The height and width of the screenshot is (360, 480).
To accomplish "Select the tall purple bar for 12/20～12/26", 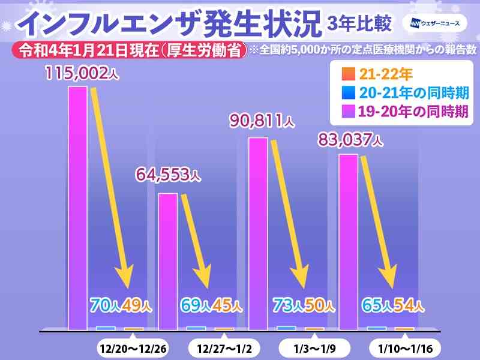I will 77,208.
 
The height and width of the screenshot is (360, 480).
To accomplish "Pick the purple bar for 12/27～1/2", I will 167,261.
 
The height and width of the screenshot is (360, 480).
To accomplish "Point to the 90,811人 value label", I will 262,122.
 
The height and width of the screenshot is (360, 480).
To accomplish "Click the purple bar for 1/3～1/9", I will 258,233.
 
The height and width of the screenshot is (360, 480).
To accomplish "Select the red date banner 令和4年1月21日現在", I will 130,51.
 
